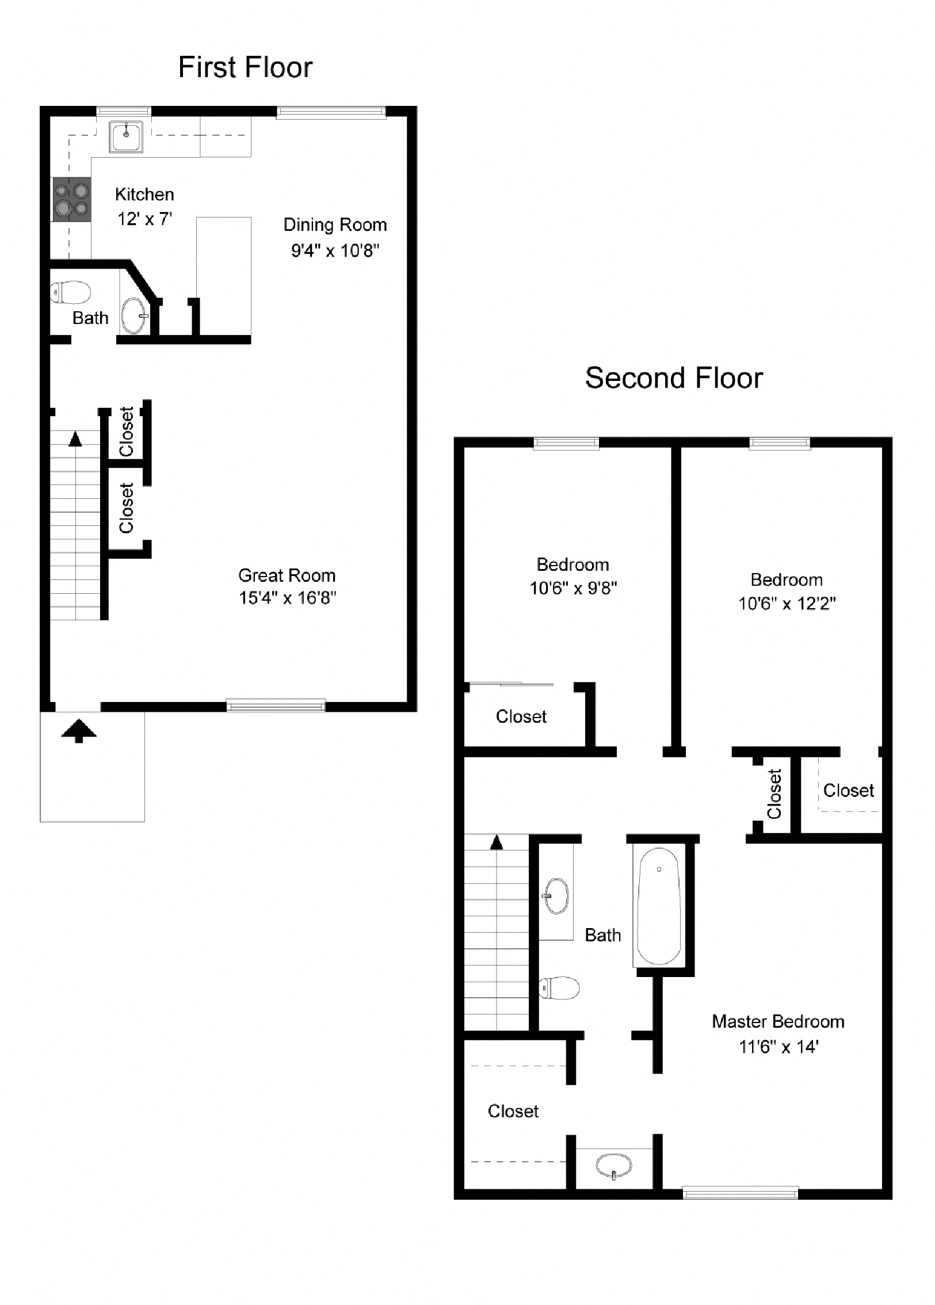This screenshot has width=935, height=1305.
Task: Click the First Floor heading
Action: coord(245,67)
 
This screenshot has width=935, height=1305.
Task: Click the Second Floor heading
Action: coord(674,379)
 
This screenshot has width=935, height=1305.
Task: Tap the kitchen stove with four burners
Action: coord(72,199)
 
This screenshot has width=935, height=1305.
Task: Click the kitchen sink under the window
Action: coord(127,137)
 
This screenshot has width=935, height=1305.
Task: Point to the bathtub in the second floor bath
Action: coord(659,906)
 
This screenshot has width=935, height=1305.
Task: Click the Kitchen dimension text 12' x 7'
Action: coord(145,219)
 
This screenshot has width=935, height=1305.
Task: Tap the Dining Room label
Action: coord(335,225)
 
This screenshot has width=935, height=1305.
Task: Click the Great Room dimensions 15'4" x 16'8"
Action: coord(287,598)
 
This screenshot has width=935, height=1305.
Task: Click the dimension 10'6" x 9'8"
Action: coord(573,588)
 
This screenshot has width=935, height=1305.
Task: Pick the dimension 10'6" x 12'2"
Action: coord(787,604)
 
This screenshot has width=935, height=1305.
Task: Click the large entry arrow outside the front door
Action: coord(79,731)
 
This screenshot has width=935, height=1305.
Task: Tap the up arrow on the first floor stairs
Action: coord(75,440)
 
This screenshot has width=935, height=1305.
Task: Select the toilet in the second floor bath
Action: coord(559,989)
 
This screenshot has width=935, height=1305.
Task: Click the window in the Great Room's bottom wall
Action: coord(276,705)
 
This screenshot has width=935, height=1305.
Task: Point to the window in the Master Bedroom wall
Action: coord(740,1193)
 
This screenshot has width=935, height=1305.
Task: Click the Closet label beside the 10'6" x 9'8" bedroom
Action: coord(521,717)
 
